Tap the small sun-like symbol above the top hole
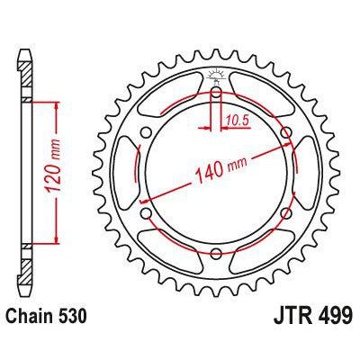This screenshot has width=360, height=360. tap(217, 75)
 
